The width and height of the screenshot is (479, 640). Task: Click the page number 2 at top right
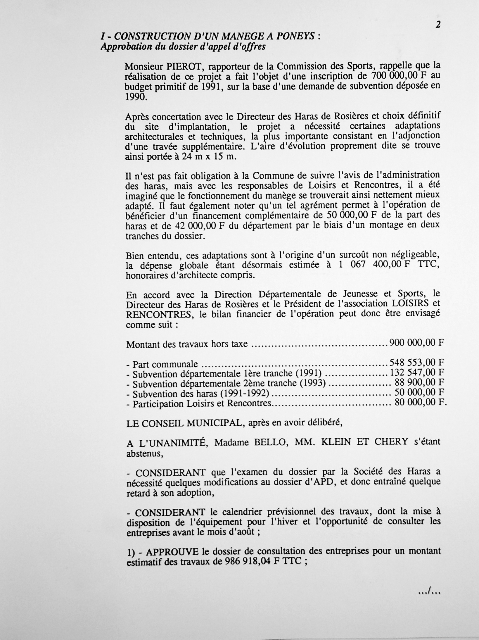point(438,25)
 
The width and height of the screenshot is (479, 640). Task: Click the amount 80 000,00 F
point(420,402)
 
